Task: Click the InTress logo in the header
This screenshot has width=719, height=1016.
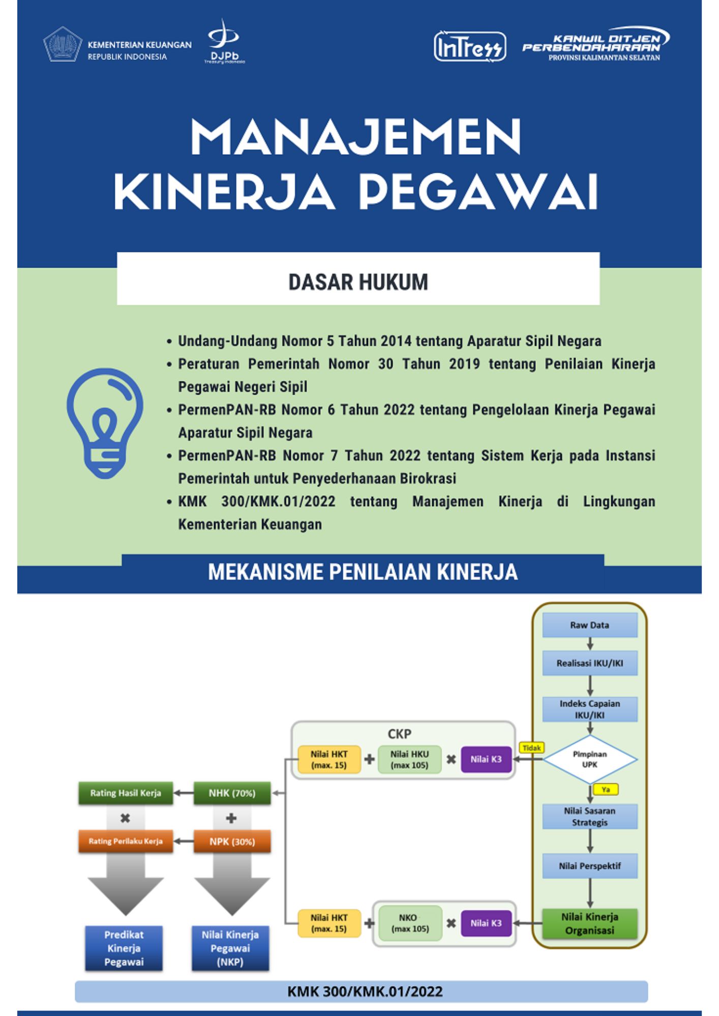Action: coord(470,47)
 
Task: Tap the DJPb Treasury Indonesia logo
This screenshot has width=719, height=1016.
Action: coord(224,42)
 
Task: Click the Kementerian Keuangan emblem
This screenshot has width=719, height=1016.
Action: coord(62,44)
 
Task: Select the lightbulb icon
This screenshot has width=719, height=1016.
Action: coord(105,423)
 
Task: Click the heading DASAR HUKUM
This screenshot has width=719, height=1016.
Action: coord(358,282)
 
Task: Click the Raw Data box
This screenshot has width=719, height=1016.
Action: coord(590,625)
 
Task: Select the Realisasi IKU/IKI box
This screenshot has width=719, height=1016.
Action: coord(590,663)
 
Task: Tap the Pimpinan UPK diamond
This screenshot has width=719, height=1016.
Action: coord(590,759)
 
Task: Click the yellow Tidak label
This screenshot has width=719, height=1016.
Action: coord(531,748)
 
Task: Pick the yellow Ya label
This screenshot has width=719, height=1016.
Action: coord(606,789)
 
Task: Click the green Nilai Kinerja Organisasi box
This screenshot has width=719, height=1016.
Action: coord(590,924)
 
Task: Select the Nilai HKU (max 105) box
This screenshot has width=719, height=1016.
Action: coord(410,759)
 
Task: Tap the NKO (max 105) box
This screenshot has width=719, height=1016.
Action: coord(410,923)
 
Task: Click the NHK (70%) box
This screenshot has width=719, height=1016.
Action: coord(232,793)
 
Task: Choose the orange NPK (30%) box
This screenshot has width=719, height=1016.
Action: coord(232,842)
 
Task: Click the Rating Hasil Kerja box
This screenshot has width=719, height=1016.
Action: coord(126,793)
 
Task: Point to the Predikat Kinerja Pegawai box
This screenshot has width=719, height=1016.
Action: coord(124,948)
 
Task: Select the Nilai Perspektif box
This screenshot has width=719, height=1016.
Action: coord(590,866)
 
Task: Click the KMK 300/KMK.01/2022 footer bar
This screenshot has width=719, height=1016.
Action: coord(362,991)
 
